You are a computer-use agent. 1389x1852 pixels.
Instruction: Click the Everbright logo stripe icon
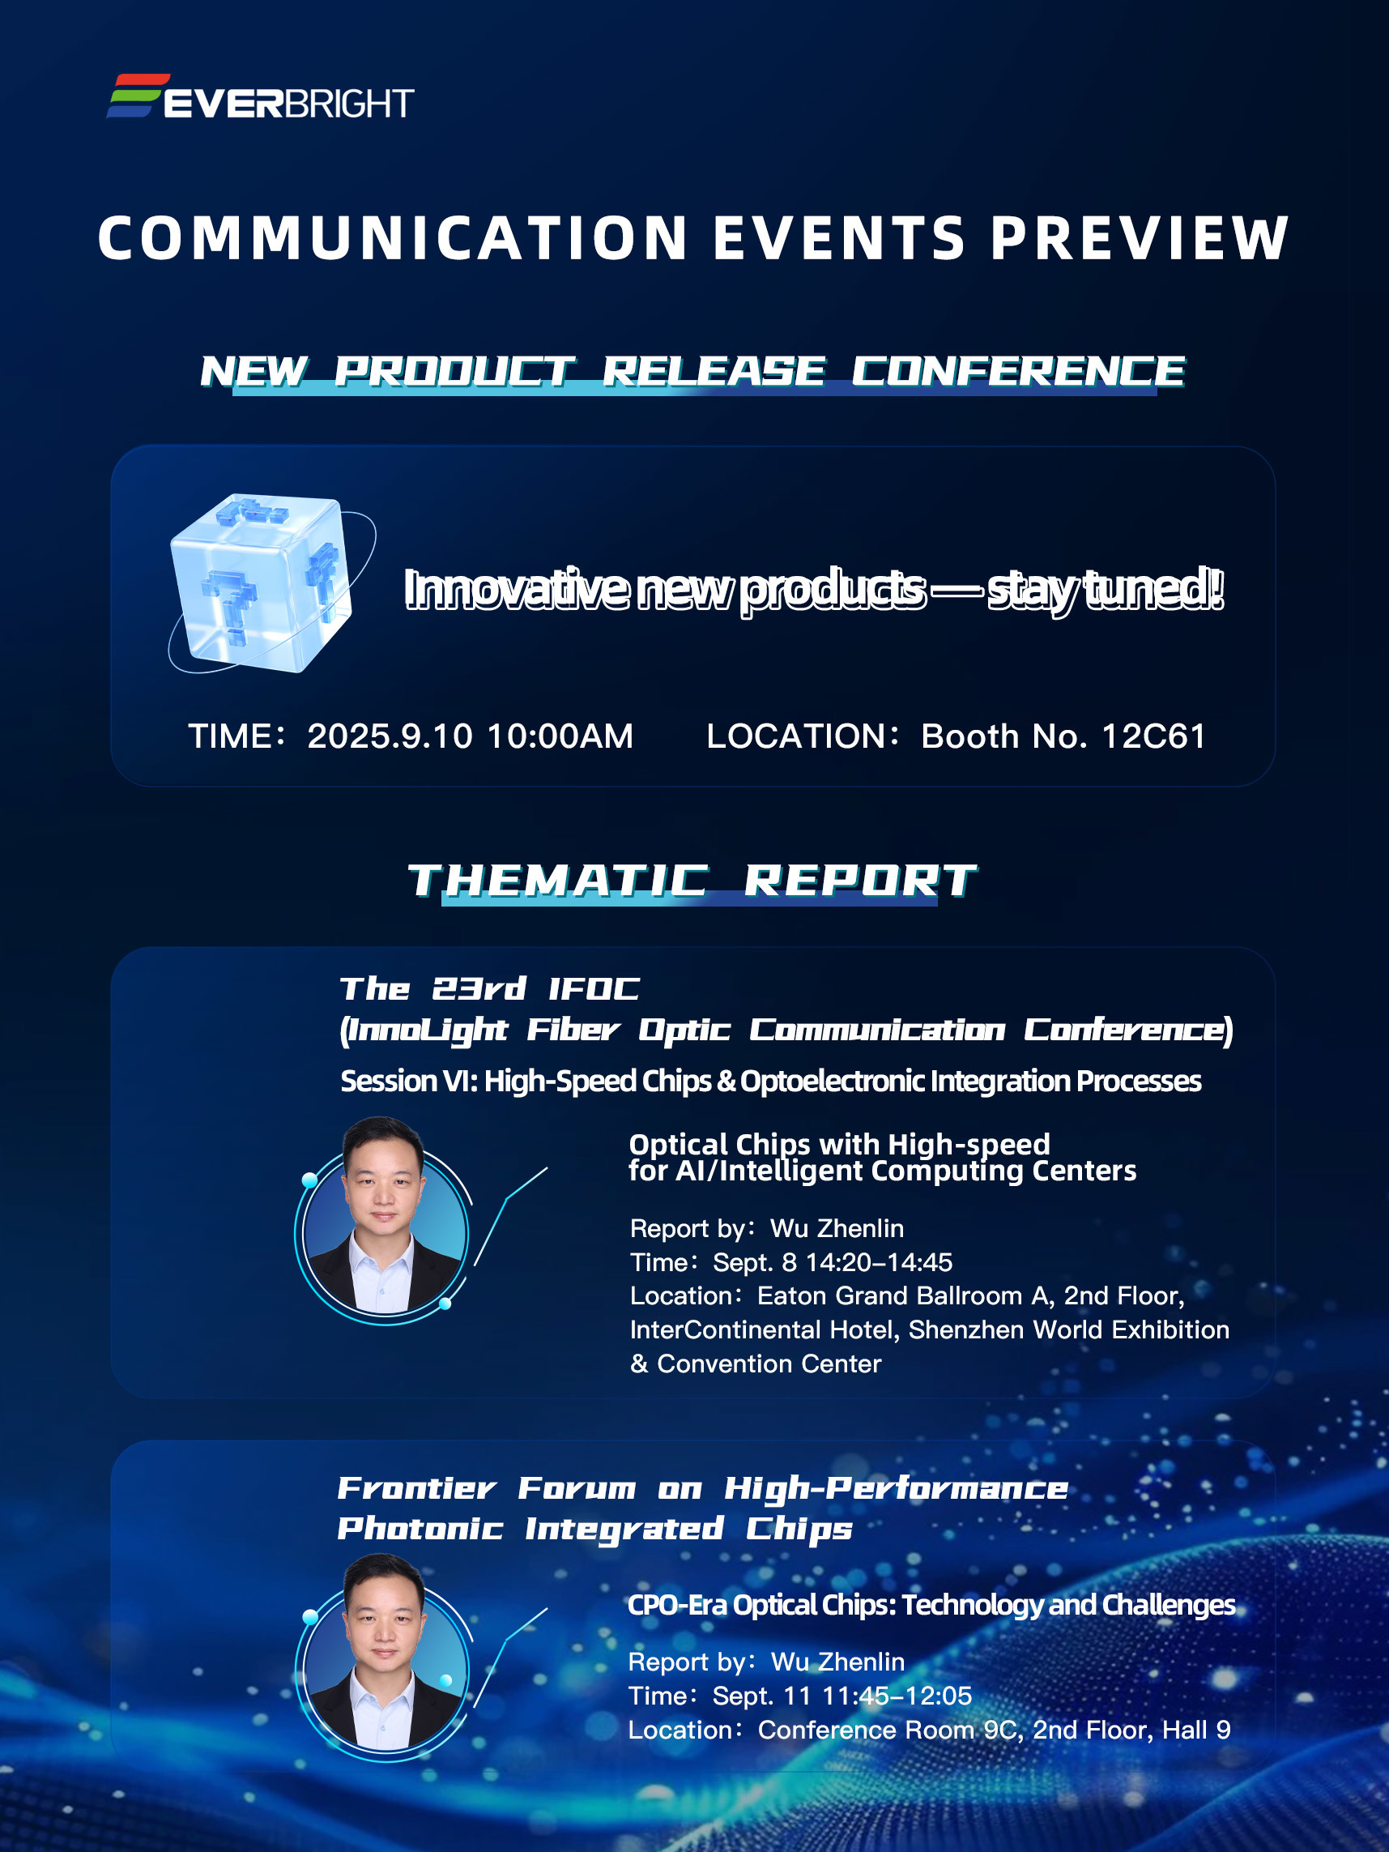click(x=138, y=96)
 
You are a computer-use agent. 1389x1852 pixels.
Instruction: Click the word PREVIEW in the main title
click(x=1140, y=239)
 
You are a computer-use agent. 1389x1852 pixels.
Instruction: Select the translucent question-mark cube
click(x=262, y=582)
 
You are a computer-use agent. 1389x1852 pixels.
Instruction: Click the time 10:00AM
click(x=560, y=736)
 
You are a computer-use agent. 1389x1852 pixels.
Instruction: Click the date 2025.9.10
click(x=390, y=736)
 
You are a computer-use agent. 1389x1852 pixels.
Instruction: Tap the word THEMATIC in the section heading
click(x=557, y=881)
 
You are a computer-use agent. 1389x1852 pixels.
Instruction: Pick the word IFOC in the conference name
click(x=594, y=989)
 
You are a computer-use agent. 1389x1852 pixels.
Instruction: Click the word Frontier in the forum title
click(x=417, y=1488)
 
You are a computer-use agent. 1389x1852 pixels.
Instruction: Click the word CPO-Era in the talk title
click(x=677, y=1605)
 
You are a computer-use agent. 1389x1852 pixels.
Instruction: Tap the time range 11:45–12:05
click(x=897, y=1696)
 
